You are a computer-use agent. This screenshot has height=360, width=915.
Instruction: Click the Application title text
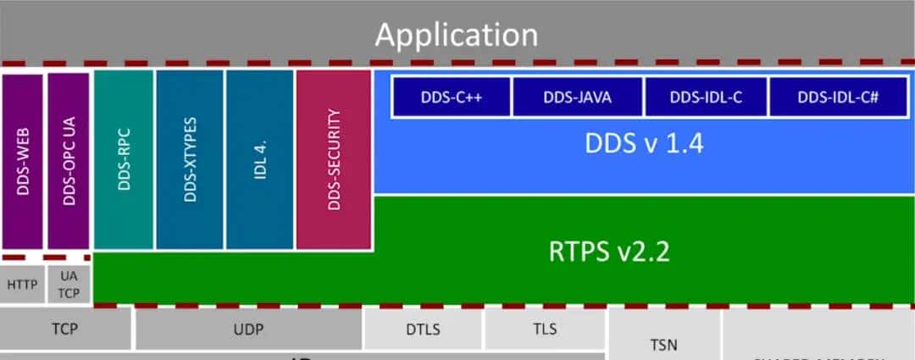point(457,34)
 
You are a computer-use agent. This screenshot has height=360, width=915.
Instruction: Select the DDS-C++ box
point(451,97)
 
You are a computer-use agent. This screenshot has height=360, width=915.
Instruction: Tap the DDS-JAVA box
point(578,97)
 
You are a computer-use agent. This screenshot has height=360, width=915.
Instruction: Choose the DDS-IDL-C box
point(706,97)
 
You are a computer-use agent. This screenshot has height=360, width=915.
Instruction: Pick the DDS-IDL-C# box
point(837,97)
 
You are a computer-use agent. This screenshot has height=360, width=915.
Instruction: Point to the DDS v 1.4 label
point(644,143)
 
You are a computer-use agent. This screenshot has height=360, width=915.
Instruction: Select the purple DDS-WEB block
point(23,161)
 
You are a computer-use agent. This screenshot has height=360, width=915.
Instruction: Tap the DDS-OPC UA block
point(69,161)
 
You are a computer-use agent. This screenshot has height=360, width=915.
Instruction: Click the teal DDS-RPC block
point(123,159)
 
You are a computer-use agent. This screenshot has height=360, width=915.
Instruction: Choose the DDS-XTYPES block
point(190,159)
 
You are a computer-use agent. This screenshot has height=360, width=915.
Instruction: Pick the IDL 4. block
point(260,159)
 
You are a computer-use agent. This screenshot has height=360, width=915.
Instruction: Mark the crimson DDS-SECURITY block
point(334,159)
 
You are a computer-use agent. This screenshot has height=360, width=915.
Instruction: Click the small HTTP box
point(22,284)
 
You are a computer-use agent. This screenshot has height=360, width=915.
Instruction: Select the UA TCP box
point(69,284)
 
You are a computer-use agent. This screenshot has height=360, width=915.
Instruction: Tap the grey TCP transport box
point(64,329)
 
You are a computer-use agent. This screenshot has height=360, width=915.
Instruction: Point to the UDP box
point(248,329)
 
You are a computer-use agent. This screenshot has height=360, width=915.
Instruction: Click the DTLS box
point(424,329)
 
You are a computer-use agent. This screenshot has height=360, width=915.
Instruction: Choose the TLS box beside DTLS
point(545,329)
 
